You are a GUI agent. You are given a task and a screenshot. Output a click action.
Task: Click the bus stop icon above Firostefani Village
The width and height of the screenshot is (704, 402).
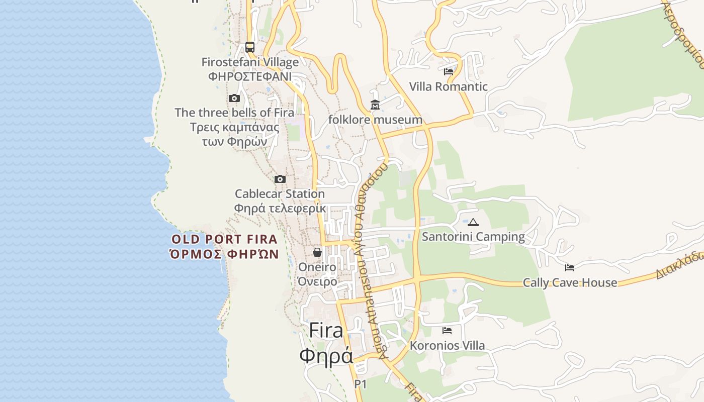pos(250,47)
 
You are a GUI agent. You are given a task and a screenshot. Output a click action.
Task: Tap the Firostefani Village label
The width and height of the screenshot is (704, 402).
pos(250,63)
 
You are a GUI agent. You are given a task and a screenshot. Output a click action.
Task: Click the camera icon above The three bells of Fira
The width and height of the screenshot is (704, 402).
pos(234,98)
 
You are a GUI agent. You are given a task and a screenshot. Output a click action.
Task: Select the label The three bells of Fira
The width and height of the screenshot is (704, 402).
pos(234,113)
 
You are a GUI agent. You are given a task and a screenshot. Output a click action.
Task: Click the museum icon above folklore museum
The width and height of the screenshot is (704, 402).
pos(375,105)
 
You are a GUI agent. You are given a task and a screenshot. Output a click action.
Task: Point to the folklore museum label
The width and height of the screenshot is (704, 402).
pos(375,120)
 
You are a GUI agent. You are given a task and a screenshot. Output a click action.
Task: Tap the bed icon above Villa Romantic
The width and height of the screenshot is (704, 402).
pos(449,72)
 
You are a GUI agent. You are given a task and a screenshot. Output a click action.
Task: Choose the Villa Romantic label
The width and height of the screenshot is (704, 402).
pos(449,86)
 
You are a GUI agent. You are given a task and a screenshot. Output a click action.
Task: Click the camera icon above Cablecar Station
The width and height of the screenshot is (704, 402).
pos(280,179)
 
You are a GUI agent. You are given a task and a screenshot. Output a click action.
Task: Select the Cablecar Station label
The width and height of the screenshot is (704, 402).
pos(280,193)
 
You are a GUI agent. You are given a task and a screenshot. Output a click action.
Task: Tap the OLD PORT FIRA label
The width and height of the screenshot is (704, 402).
pos(224,239)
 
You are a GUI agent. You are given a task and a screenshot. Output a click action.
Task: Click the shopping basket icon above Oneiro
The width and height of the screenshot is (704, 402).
pos(317,252)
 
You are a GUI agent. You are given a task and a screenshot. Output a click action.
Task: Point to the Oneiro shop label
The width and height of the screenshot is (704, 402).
pos(317,267)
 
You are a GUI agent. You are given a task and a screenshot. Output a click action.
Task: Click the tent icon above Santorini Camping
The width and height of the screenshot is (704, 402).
pos(473,222)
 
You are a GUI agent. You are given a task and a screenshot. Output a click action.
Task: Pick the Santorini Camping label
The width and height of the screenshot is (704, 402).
pos(473,237)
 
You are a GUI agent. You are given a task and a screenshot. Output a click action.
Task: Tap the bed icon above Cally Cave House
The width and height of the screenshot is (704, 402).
pos(570,268)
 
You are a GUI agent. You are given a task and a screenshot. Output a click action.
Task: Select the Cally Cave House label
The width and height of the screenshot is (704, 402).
pos(570,282)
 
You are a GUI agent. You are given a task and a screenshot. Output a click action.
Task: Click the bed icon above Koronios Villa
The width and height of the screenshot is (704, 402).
pos(447,331)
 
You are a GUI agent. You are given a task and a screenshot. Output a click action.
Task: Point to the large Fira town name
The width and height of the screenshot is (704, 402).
pos(326,331)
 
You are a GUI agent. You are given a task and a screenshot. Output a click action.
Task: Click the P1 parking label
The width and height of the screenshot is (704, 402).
pos(361,384)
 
